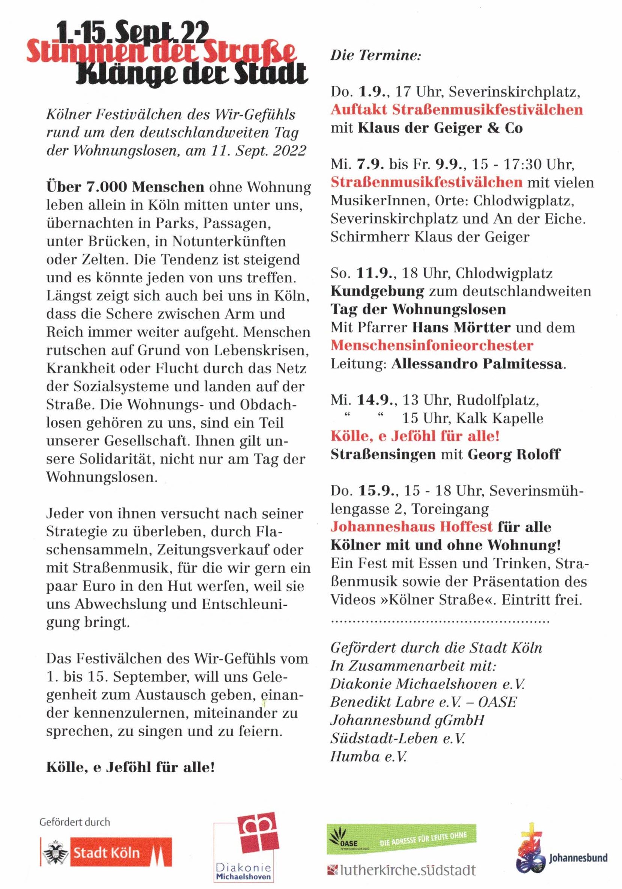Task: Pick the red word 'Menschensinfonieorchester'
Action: pyautogui.click(x=432, y=346)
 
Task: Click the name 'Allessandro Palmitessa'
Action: pyautogui.click(x=476, y=364)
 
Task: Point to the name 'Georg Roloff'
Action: pyautogui.click(x=514, y=454)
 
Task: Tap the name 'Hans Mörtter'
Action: pyautogui.click(x=461, y=328)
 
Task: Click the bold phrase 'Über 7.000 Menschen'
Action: pyautogui.click(x=125, y=187)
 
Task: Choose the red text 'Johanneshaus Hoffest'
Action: pyautogui.click(x=411, y=527)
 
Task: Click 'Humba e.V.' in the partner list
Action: pyautogui.click(x=368, y=756)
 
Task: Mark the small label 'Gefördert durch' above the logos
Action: pyautogui.click(x=75, y=822)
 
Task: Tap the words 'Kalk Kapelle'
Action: pyautogui.click(x=500, y=418)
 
